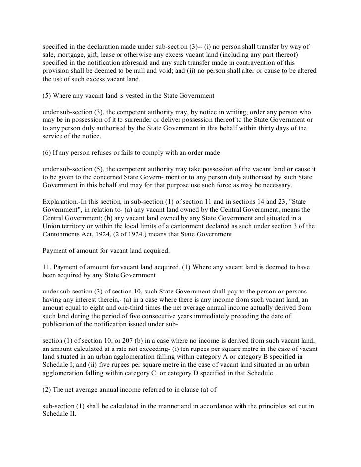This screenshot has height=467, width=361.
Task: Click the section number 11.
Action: [47, 268]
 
